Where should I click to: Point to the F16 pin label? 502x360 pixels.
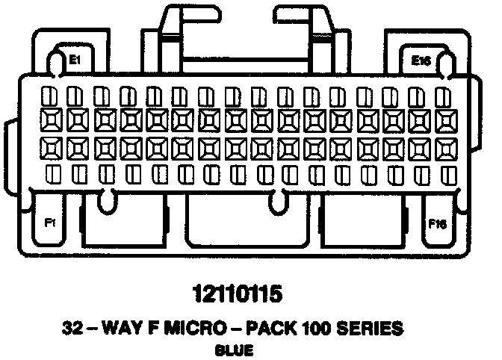(437, 223)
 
